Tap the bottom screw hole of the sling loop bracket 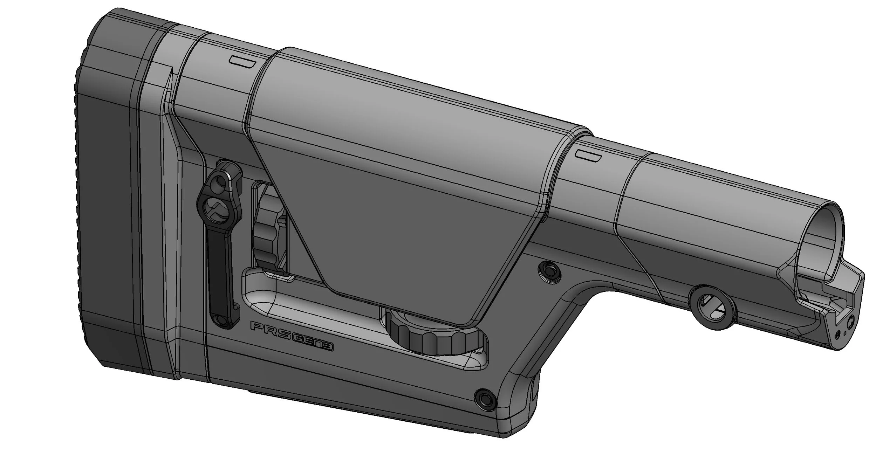(x=221, y=319)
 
